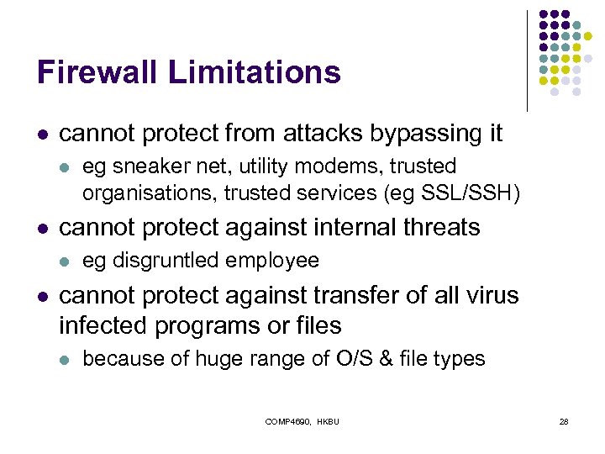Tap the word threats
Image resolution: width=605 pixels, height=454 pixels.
(437, 227)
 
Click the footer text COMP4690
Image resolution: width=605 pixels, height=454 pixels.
(288, 421)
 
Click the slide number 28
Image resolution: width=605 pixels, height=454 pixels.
(564, 421)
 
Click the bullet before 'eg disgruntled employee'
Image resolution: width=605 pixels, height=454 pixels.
(65, 261)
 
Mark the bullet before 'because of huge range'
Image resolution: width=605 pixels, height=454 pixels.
(65, 359)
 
